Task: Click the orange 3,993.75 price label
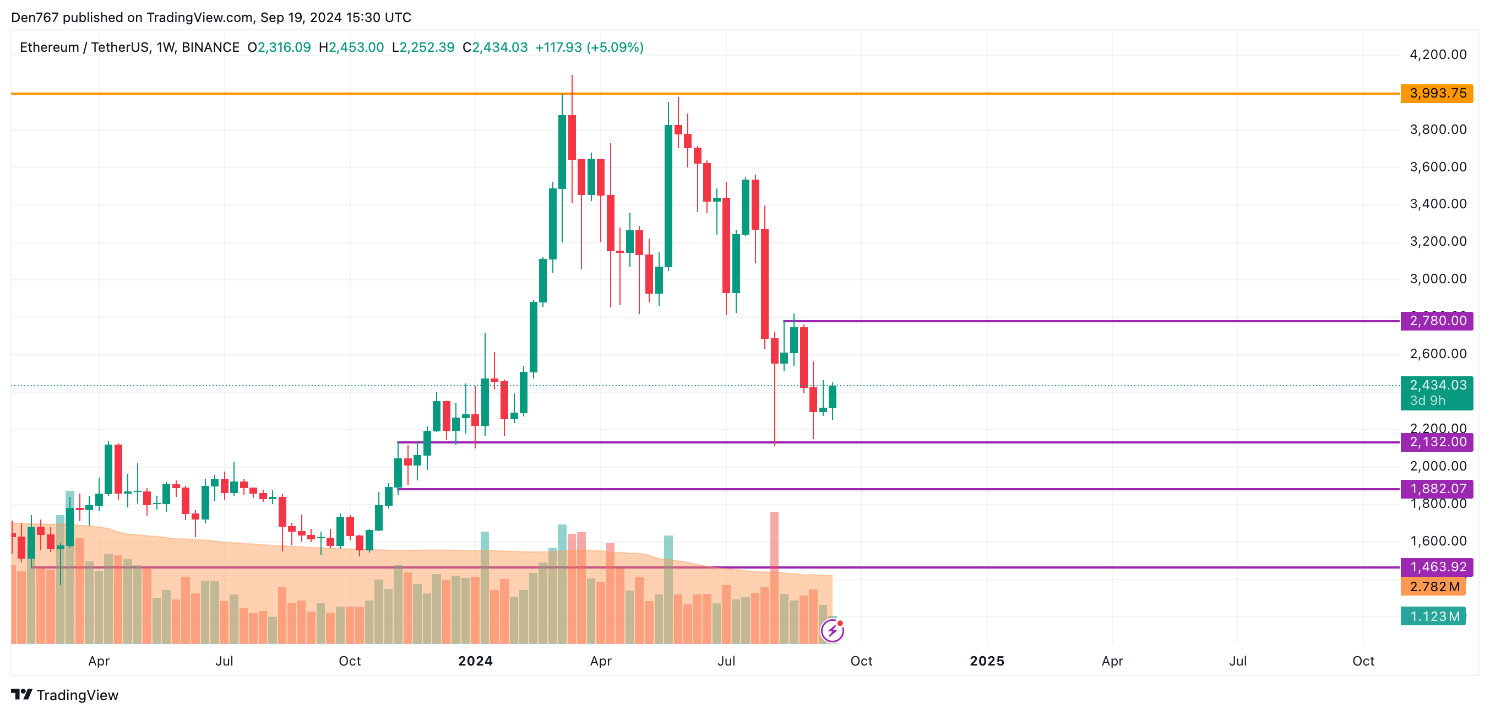1436,93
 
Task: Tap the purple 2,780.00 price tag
1436,321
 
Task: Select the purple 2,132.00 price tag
1436,442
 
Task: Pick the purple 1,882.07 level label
1436,489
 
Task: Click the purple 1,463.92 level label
1436,567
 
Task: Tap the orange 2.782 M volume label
1433,587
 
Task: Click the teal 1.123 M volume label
1433,616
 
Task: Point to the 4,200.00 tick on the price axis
1437,55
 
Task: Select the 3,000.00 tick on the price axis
1437,279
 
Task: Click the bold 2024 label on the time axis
475,661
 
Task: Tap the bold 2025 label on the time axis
987,661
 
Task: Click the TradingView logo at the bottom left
65,695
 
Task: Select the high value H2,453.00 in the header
351,47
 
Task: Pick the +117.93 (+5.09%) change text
589,47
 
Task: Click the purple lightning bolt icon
832,631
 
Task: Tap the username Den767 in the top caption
35,18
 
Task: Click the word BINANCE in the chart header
210,47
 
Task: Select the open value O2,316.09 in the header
279,47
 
